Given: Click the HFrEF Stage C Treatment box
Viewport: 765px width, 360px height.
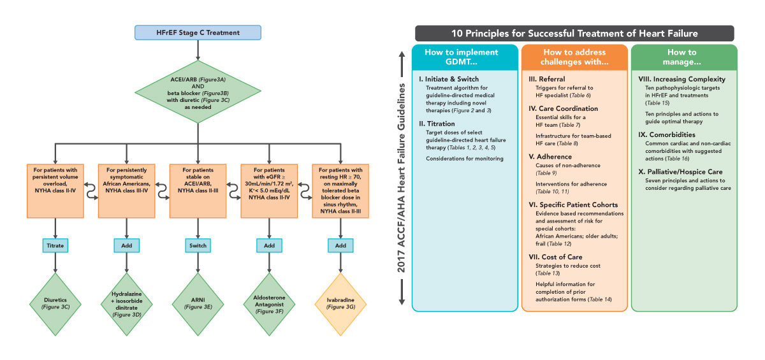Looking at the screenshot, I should coord(198,32).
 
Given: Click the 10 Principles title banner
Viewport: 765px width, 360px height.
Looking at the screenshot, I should coord(574,34).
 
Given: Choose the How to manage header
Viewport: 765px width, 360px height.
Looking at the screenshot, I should coord(683,58).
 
